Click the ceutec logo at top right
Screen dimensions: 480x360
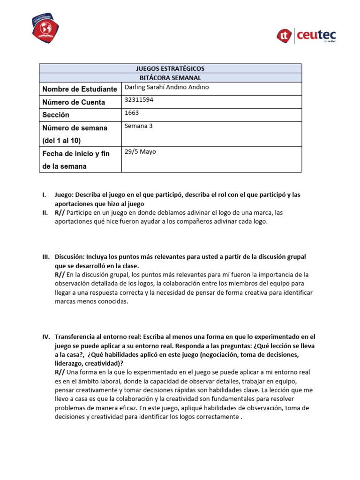tap(307, 35)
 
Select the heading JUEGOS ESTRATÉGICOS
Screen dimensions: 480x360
tap(170, 68)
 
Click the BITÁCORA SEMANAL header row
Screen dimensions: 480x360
tap(170, 78)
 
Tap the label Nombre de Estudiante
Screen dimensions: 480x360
tap(80, 89)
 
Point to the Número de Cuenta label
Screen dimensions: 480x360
tap(74, 102)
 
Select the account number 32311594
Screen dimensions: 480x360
tap(139, 100)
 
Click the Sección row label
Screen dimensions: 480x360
tap(56, 115)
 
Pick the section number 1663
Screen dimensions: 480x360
tap(132, 112)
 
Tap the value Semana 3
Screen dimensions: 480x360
tap(139, 126)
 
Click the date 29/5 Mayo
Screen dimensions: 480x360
tap(141, 151)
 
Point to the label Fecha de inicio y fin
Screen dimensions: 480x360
tap(76, 154)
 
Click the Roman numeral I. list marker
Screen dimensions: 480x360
tap(44, 195)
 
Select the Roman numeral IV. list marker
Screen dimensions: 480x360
tap(46, 337)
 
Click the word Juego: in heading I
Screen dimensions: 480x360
tap(64, 195)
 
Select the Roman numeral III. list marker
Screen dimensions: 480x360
tap(45, 257)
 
